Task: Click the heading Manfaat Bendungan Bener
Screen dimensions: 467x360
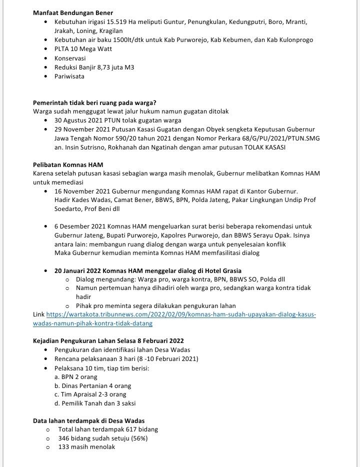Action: (72, 12)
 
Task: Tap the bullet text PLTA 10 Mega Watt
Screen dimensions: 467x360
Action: (83, 49)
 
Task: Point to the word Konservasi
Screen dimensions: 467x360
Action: (70, 58)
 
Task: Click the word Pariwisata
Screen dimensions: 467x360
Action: (69, 76)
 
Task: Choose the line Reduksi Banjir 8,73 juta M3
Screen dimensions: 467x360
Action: (94, 67)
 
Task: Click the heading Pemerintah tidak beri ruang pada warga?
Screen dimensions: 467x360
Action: (94, 103)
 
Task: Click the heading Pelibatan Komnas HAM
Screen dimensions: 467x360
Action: (68, 164)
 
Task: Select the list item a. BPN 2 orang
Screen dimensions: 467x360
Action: (76, 377)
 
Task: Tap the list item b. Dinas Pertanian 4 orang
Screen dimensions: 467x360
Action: (92, 386)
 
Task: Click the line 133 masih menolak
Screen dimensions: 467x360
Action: (86, 447)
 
